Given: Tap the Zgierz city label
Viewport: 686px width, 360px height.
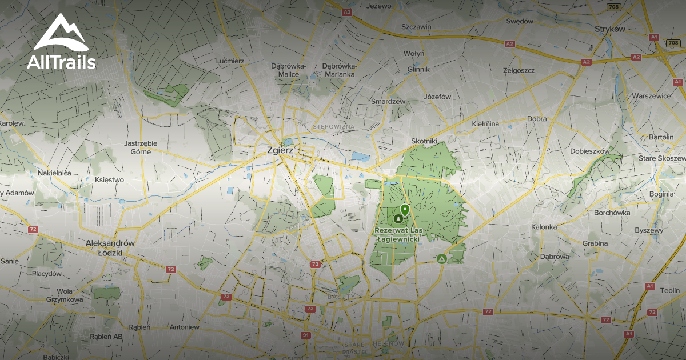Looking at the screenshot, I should point(280,150).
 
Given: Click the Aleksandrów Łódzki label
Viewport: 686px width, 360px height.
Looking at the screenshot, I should point(109,247).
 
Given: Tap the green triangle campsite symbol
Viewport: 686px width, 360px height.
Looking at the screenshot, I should point(441,259).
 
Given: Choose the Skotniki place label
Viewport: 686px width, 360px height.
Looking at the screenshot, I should point(424,141).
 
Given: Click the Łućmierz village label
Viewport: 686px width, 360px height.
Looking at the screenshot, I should point(230,61).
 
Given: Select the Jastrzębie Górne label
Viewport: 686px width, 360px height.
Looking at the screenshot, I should point(141,147).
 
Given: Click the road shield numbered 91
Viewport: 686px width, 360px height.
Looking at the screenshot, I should point(306,335).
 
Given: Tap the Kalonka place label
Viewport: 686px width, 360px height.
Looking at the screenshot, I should point(544,227).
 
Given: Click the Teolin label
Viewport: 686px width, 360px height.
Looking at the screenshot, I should point(670,290).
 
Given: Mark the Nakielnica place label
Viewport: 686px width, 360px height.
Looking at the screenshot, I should point(54,173).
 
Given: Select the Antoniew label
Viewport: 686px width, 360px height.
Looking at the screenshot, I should point(185,327).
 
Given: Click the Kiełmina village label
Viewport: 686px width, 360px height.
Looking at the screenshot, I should point(485,123).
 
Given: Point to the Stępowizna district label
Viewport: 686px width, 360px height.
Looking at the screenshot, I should point(334,126).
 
